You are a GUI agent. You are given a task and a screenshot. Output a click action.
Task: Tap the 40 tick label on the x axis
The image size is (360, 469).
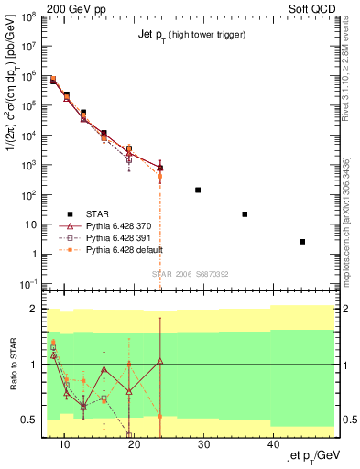point(273,443)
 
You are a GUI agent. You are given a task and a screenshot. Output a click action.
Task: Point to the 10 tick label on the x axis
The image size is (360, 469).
point(64,443)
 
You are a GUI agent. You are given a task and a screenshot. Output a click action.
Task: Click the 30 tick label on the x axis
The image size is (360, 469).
point(203,443)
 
